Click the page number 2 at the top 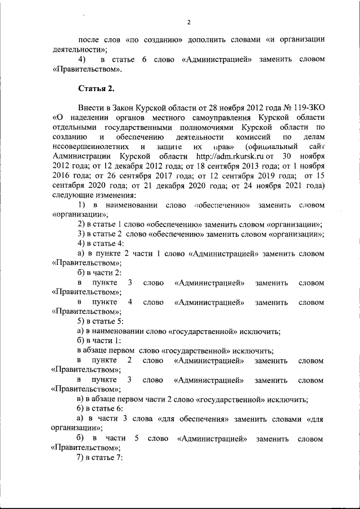(x=189, y=22)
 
